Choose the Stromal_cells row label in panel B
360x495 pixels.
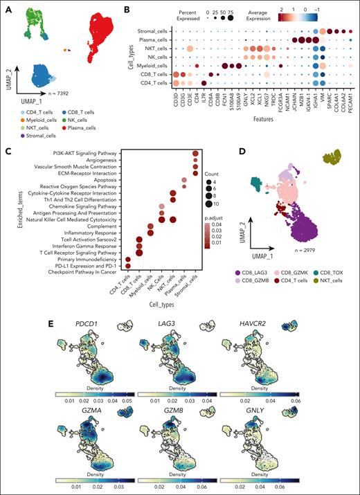(x=151, y=30)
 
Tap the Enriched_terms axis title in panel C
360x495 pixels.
(x=7, y=222)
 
